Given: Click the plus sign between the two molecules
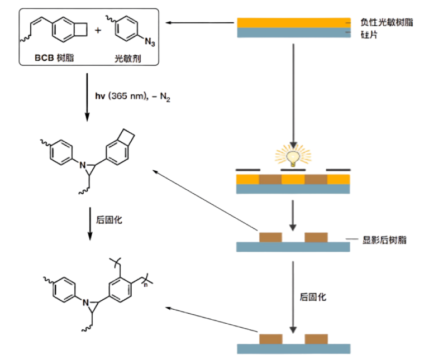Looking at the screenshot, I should (x=98, y=29).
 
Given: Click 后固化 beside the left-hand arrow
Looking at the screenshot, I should (x=109, y=220).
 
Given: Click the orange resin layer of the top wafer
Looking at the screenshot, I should (x=293, y=22).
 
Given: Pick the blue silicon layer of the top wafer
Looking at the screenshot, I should (x=293, y=33).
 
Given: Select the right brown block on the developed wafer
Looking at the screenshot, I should (x=316, y=237).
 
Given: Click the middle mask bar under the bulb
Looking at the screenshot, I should (x=292, y=168).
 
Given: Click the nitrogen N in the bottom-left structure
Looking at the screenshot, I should (x=86, y=303).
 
